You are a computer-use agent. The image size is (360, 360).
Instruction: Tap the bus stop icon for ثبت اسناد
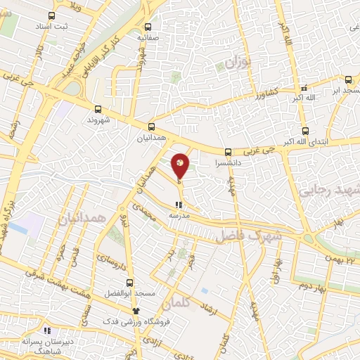[x=51, y=15]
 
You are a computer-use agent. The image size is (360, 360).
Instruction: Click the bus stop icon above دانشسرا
[x=228, y=152]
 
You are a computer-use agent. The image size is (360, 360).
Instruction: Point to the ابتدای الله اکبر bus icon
[x=305, y=131]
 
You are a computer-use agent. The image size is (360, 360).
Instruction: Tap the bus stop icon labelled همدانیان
[x=151, y=127]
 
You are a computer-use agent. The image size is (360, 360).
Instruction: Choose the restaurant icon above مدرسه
[x=178, y=205]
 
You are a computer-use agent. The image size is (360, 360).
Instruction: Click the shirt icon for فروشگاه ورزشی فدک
[x=137, y=311]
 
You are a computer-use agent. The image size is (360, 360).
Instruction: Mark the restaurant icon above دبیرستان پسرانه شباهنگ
[x=47, y=330]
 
